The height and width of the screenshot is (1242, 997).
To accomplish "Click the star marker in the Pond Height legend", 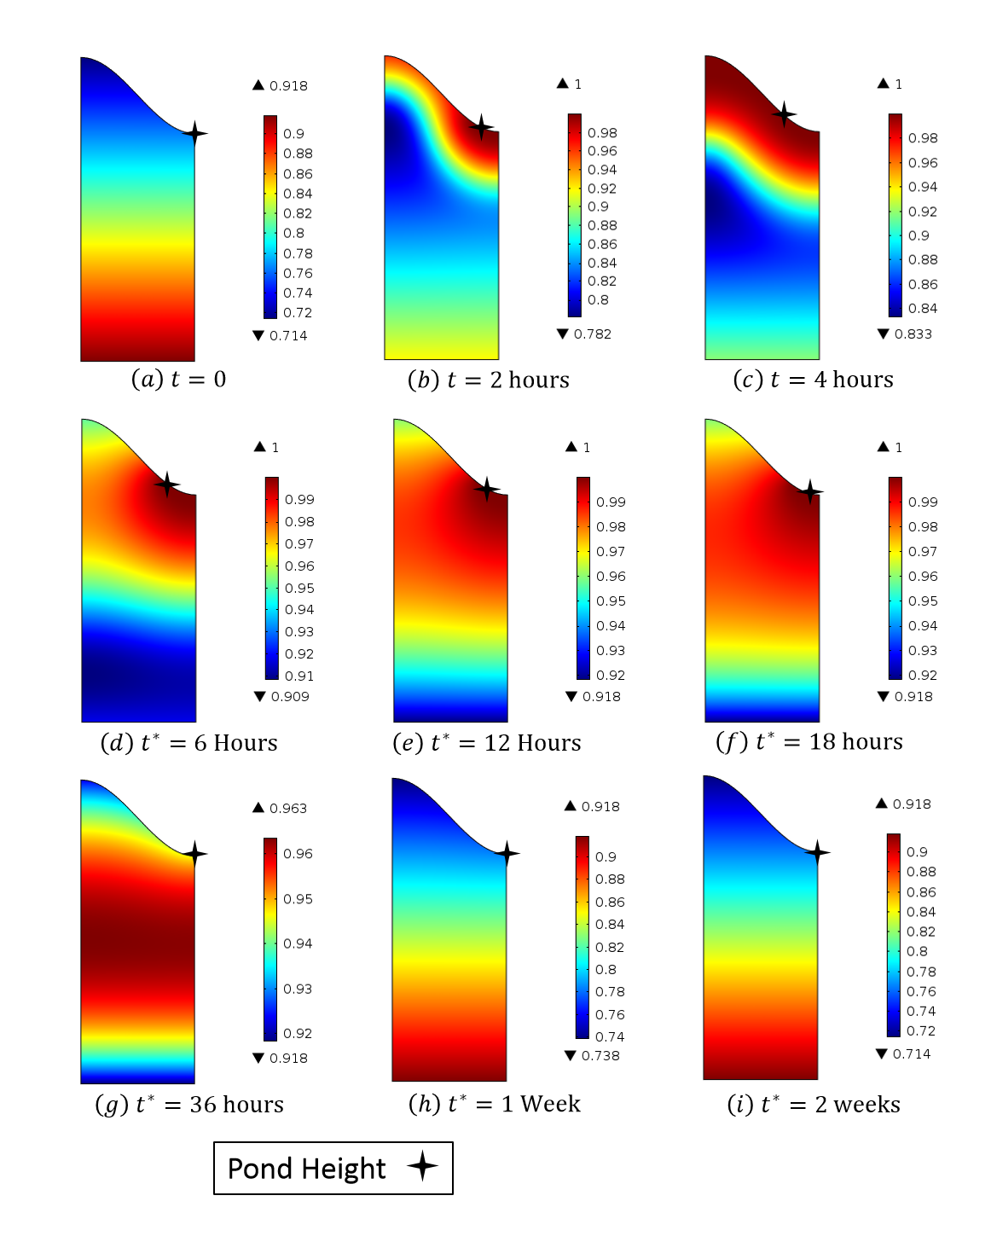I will (422, 1165).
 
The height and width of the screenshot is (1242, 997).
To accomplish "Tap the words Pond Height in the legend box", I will (307, 1169).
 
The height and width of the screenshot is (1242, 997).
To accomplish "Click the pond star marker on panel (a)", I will (195, 133).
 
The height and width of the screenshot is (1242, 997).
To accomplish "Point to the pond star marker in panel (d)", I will (167, 485).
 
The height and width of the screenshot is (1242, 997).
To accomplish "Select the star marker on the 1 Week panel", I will (507, 853).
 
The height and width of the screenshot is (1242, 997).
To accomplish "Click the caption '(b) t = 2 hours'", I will (489, 380).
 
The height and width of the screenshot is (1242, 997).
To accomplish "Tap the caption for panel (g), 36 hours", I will (189, 1105).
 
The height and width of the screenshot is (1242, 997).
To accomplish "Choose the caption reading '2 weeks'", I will (814, 1105).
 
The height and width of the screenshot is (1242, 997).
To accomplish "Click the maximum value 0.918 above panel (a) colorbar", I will (288, 86).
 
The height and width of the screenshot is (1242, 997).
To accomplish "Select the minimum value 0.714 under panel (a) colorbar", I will (288, 336).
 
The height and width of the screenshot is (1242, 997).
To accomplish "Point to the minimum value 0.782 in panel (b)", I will (593, 334).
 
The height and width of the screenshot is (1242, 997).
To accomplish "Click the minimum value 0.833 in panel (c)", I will (913, 334).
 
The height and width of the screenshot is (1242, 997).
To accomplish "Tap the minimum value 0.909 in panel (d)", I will (290, 697).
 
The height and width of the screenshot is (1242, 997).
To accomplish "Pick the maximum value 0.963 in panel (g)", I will (288, 809).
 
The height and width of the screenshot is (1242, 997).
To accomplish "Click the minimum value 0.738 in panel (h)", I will (600, 1056).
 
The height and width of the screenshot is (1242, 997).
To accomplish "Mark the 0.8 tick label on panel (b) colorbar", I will (598, 300).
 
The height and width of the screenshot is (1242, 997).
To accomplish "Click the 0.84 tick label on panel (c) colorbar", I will (923, 309).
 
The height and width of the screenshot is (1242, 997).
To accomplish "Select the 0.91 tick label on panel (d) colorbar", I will (299, 676).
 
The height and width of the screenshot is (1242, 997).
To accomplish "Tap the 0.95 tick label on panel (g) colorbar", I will (298, 899).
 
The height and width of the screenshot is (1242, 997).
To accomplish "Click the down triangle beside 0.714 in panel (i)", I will (882, 1054).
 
